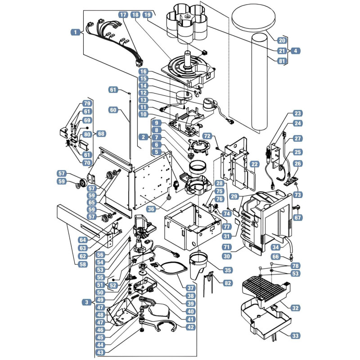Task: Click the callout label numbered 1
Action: tap(76, 32)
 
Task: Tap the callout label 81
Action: tap(282, 61)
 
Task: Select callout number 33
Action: tap(295, 336)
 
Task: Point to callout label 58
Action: tap(83, 264)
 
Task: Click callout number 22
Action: tap(254, 164)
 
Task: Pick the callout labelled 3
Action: tap(86, 302)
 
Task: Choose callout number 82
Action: tap(228, 283)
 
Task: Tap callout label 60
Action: tap(113, 110)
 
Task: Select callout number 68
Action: tap(101, 133)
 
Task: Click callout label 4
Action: tap(296, 51)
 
